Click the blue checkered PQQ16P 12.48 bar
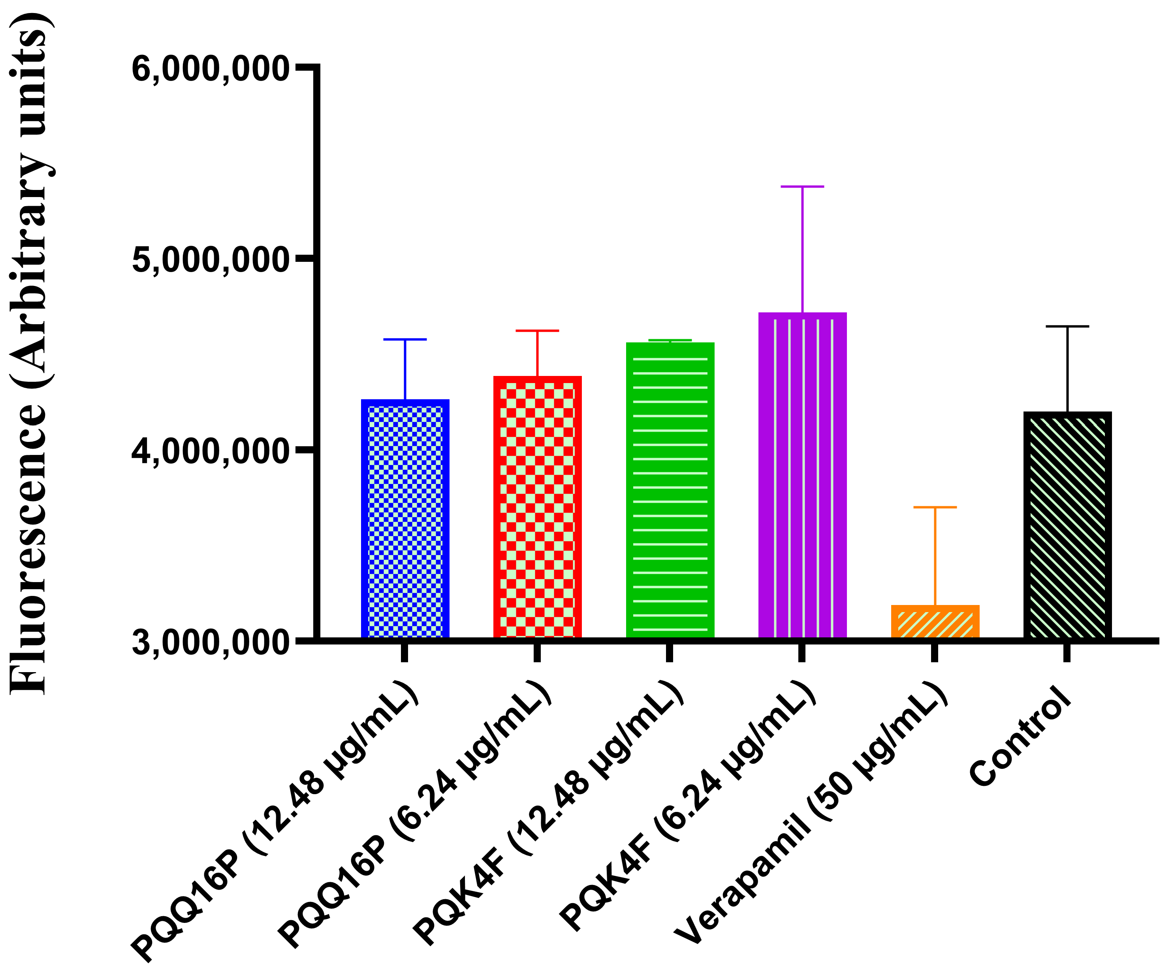405,520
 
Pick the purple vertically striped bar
802,475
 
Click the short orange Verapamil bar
935,622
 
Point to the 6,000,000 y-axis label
210,70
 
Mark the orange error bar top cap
935,507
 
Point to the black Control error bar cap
1067,326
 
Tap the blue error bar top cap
405,339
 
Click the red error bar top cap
537,331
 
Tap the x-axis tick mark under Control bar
1067,652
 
